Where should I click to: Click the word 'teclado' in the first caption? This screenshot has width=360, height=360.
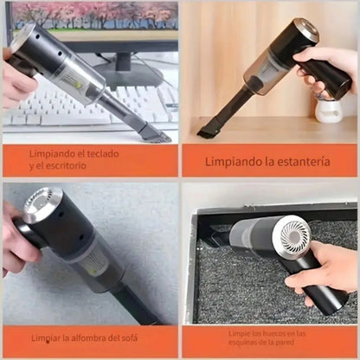(104, 153)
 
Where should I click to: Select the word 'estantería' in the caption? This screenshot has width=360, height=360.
(297, 160)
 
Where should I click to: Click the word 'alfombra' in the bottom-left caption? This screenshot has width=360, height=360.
(89, 337)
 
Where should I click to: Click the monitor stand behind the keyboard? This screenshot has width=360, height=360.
(125, 69)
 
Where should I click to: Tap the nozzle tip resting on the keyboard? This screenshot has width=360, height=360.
(156, 134)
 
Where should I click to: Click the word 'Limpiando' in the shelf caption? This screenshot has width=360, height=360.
(234, 160)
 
